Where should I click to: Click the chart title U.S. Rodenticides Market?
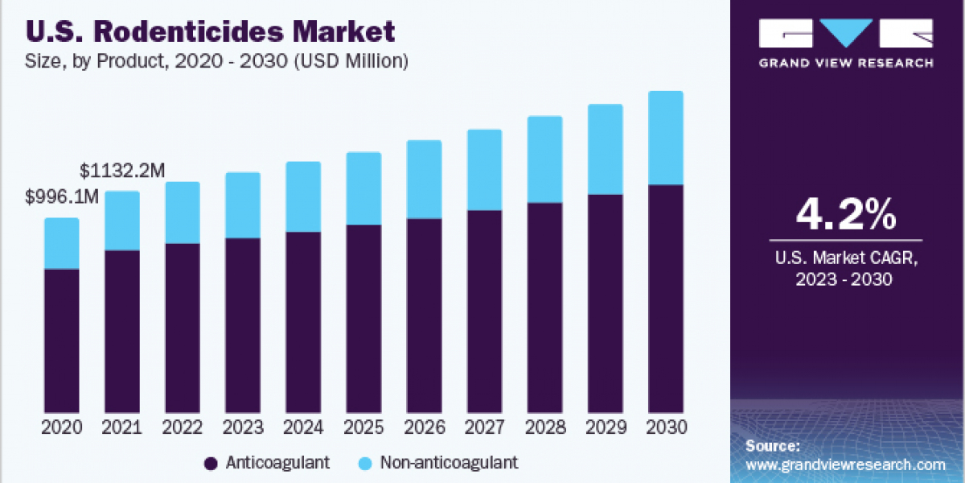pos(211,31)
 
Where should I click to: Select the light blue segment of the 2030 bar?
pos(665,138)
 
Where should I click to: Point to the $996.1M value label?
pos(63,197)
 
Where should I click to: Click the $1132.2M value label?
pos(123,171)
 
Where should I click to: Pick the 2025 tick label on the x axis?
pos(363,427)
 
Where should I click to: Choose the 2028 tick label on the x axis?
pos(544,427)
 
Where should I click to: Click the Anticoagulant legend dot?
pos(211,463)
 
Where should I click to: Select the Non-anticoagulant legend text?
pos(449,463)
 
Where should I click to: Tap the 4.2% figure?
pos(845,216)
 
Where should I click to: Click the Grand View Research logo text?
pos(846,63)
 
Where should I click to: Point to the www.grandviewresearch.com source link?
pos(845,464)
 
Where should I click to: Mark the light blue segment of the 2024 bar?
pos(303,196)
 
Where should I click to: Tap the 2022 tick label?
pos(183,427)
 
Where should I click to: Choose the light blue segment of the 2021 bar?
pos(122,221)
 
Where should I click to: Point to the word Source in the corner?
pos(772,445)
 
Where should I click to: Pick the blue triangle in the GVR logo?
pos(846,33)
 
